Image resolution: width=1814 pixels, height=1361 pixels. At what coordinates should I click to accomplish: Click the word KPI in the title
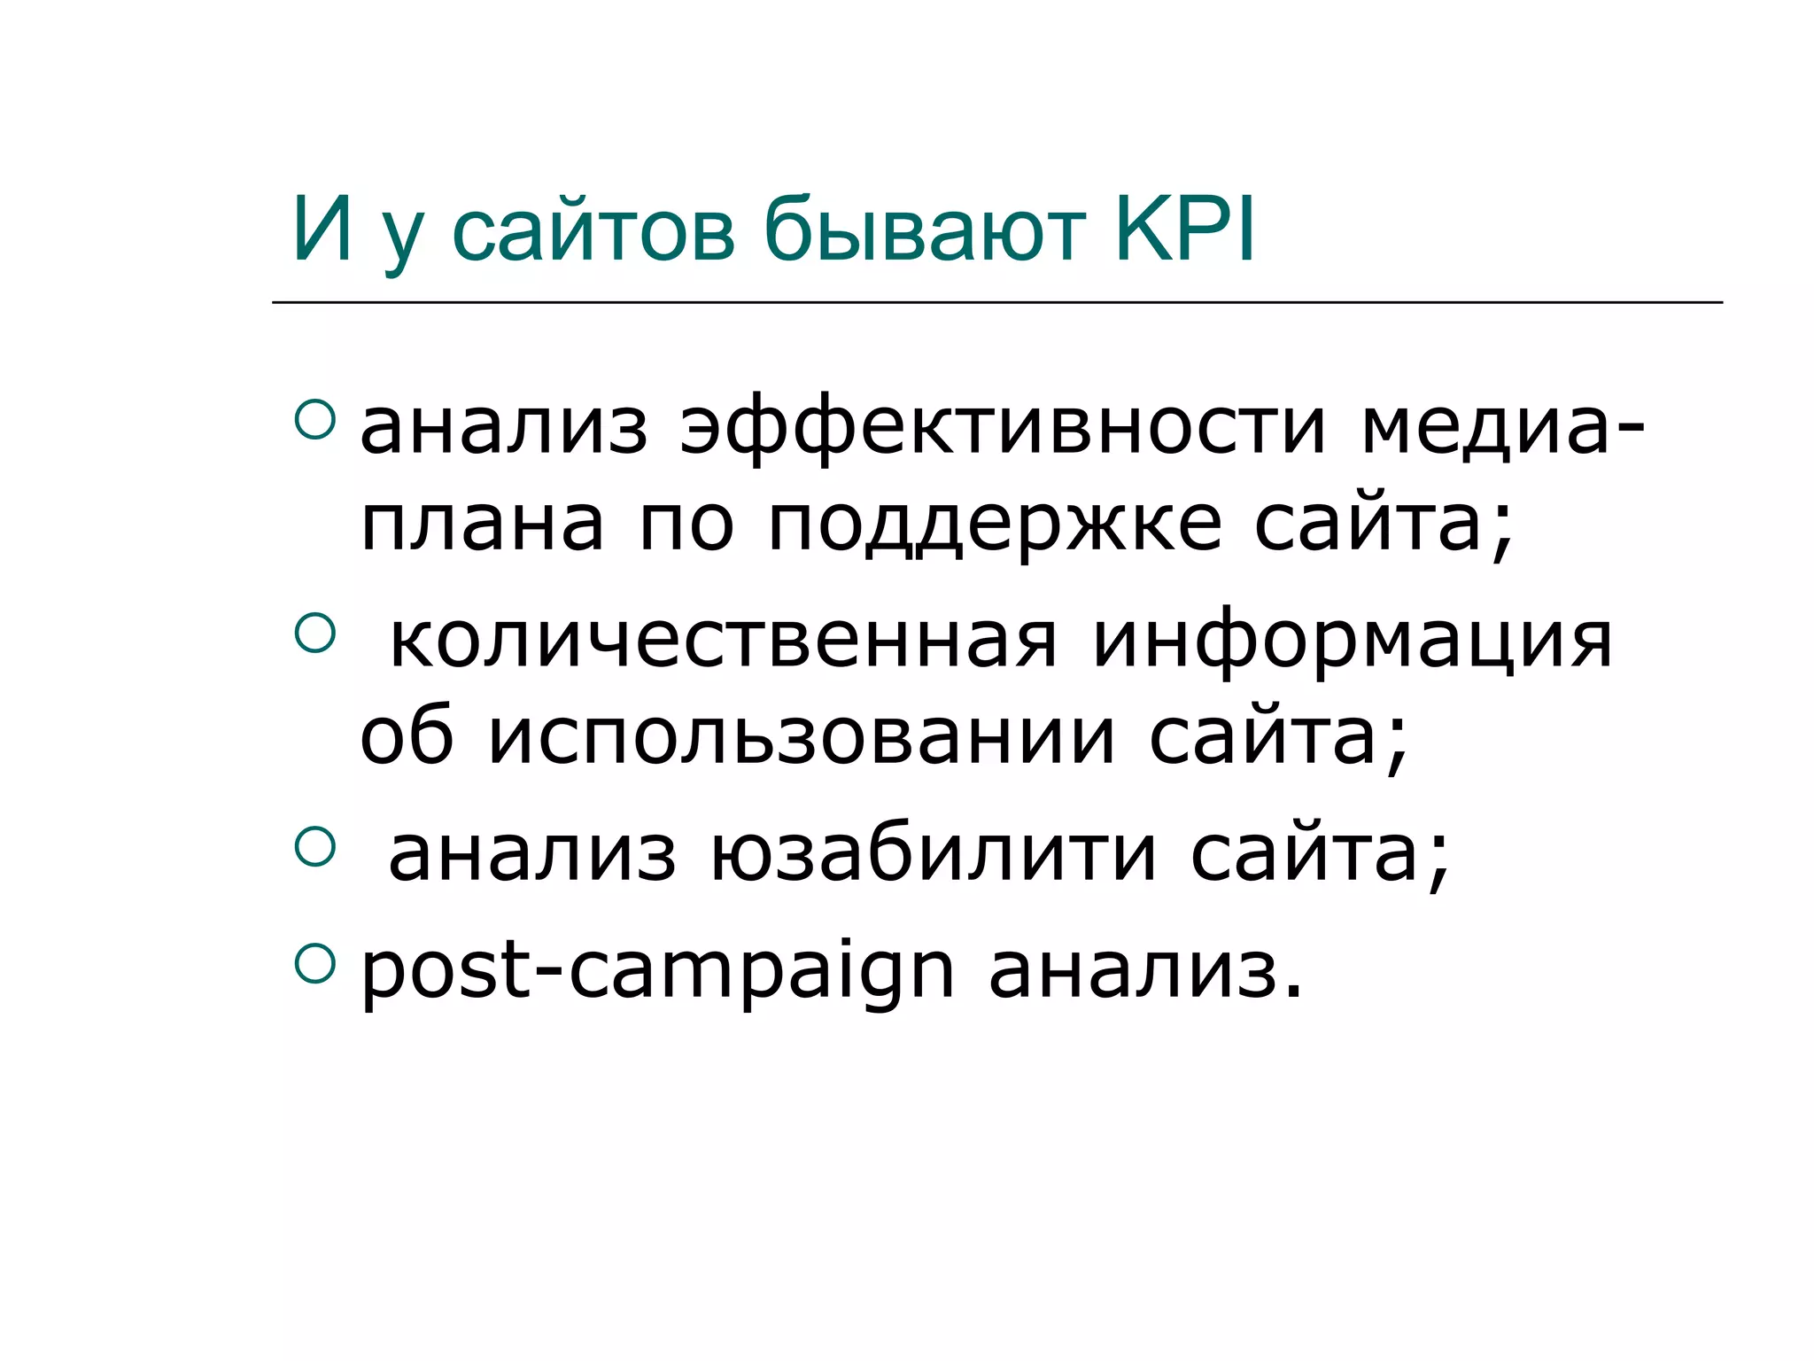coord(1185,229)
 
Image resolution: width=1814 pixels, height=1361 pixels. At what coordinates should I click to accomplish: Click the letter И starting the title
coord(322,229)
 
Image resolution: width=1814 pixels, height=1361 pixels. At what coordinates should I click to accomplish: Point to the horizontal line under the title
coord(996,303)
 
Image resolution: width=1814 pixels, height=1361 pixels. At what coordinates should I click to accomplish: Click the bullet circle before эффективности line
coord(314,419)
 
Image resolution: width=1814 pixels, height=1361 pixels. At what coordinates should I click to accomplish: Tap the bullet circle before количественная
coord(314,634)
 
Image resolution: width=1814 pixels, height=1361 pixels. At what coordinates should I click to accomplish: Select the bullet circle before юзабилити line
coord(314,846)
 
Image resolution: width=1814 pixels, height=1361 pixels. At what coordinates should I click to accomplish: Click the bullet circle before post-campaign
coord(314,964)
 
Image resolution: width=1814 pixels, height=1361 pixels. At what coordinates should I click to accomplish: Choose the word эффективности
coord(1003,430)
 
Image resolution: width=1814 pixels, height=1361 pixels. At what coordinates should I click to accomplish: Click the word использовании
coord(802,738)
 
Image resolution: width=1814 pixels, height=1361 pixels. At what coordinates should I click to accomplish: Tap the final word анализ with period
coord(1145,972)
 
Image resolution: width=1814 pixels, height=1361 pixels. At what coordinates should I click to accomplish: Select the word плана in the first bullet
coord(483,525)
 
